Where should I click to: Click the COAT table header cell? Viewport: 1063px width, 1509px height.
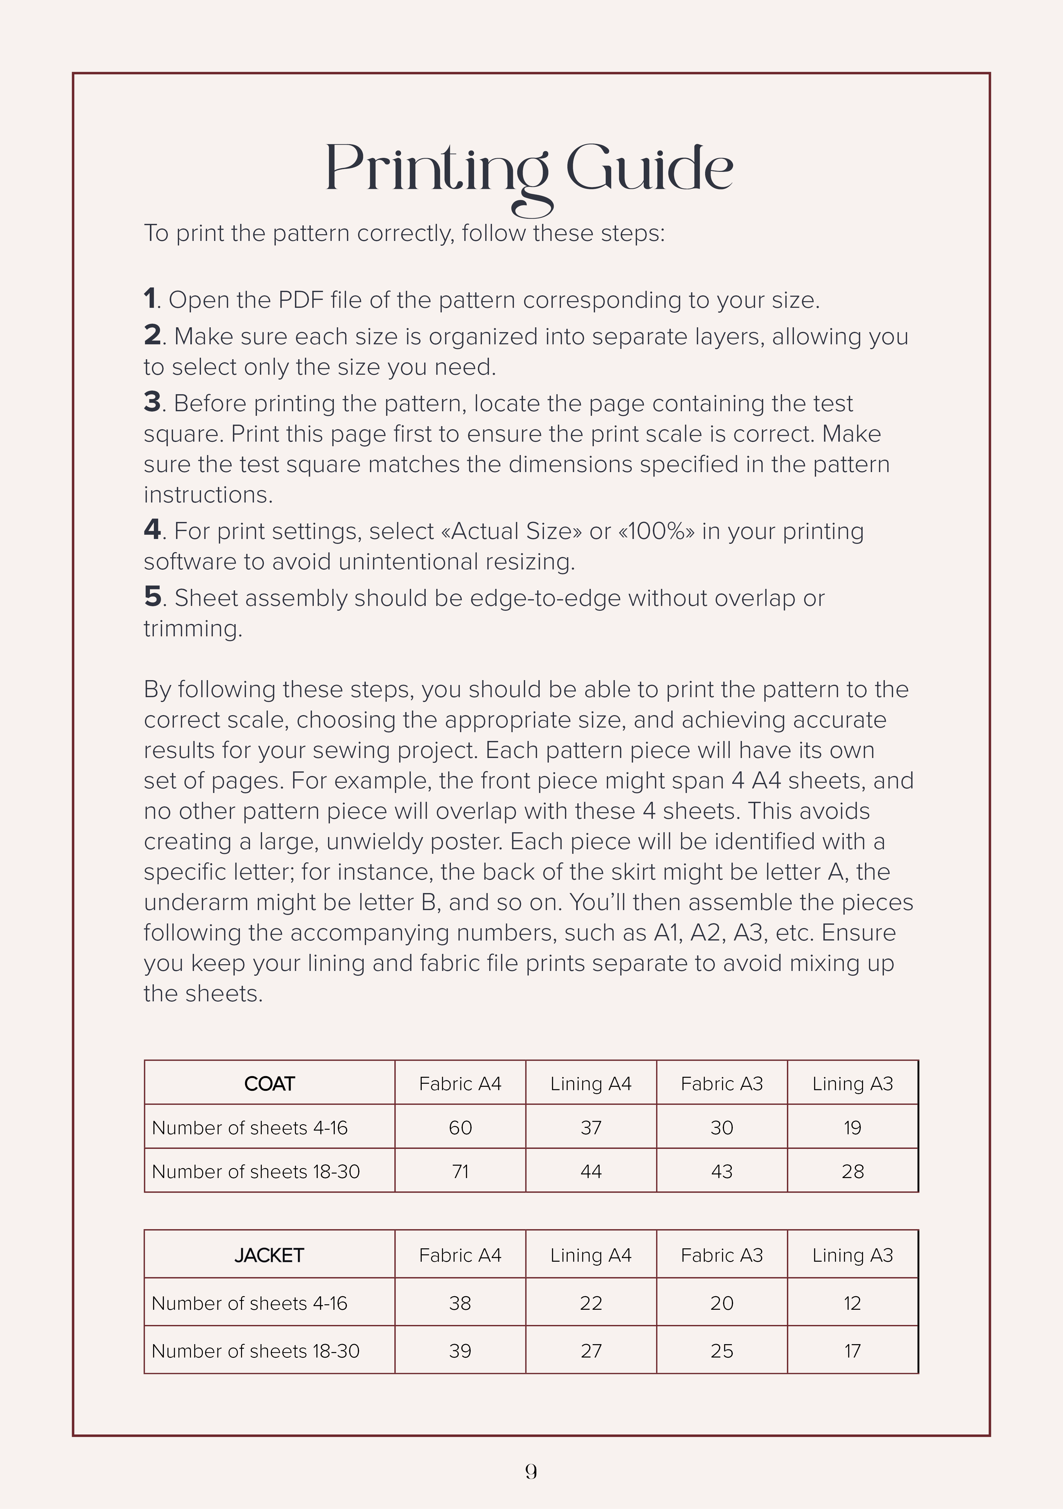[x=269, y=1084]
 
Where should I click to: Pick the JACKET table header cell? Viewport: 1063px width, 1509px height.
[x=269, y=1255]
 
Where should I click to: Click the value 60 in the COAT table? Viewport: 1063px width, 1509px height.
[x=460, y=1128]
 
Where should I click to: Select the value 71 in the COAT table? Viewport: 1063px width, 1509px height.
[x=460, y=1171]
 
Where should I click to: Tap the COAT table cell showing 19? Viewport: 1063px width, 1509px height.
[x=852, y=1128]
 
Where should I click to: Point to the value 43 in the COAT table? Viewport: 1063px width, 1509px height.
[x=721, y=1171]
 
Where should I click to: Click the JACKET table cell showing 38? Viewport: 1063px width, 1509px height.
[x=460, y=1303]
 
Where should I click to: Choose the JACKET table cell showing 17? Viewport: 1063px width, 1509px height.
[x=852, y=1351]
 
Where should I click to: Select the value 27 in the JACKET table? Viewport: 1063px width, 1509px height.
[x=590, y=1351]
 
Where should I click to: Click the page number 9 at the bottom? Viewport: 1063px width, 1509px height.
[x=531, y=1472]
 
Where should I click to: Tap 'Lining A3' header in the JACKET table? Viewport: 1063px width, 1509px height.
[x=852, y=1255]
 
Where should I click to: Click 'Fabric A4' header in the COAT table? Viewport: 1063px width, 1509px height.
[x=460, y=1084]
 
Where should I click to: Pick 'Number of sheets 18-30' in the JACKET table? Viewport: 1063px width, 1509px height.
[x=256, y=1351]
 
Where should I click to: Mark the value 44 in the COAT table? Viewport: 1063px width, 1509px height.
[x=590, y=1171]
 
